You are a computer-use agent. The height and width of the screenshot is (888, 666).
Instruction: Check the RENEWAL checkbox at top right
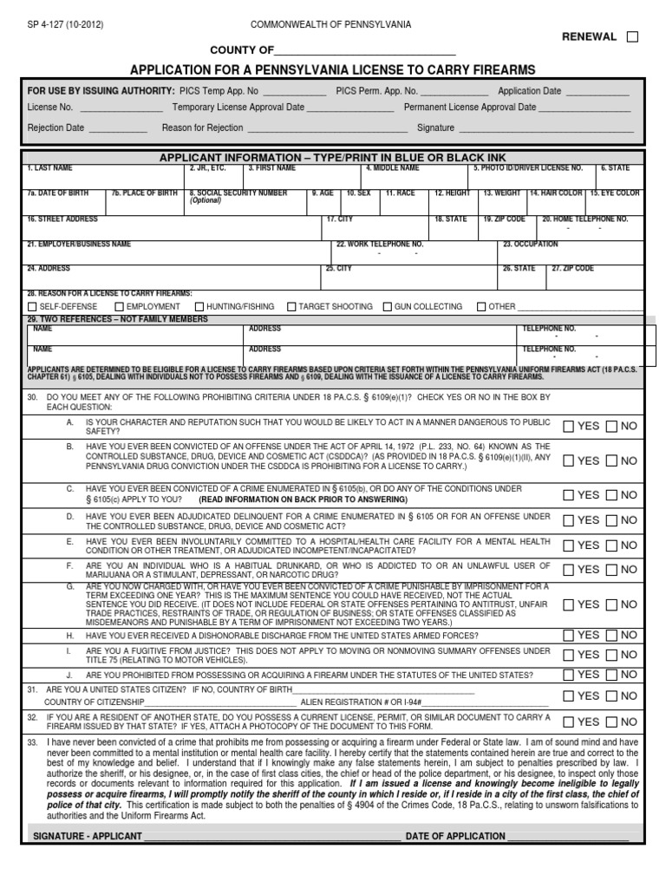click(x=632, y=36)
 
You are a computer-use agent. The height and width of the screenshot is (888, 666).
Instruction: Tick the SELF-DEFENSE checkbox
click(x=33, y=307)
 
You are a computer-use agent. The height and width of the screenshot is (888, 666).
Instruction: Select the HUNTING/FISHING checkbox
click(x=199, y=307)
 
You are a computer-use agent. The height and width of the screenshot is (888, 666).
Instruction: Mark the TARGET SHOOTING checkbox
click(x=291, y=307)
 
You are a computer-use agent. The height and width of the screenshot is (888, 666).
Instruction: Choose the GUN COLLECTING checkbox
click(x=388, y=307)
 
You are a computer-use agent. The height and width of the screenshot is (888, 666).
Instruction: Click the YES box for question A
click(x=569, y=427)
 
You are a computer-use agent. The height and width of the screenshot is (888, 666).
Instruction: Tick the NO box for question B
click(x=612, y=460)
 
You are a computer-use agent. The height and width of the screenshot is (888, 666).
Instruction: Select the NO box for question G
click(x=612, y=604)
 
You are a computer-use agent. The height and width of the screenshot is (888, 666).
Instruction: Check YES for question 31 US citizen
click(x=569, y=695)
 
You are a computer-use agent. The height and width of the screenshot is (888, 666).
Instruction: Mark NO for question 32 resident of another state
click(x=612, y=721)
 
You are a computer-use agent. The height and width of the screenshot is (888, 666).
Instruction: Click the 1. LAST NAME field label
click(x=49, y=167)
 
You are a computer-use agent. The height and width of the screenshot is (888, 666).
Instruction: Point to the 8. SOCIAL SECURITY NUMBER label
click(x=238, y=193)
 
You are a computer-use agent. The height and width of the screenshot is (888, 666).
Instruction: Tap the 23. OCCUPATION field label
click(x=532, y=245)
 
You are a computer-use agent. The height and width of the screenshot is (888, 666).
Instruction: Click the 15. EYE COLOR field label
click(x=615, y=193)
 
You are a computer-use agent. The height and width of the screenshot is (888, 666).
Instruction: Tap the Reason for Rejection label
click(x=202, y=127)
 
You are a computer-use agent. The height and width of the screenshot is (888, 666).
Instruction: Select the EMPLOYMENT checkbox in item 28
click(x=119, y=307)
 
